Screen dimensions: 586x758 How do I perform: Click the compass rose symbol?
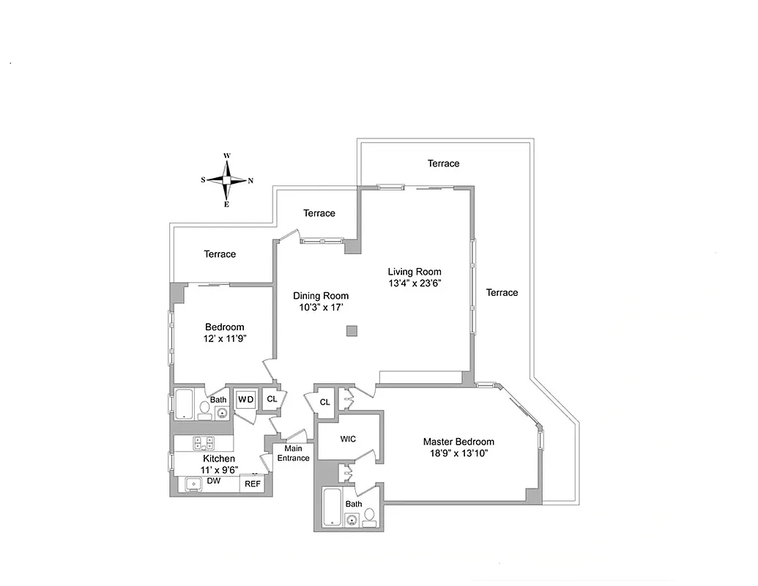[227, 180]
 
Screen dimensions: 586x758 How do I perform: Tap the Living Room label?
[415, 272]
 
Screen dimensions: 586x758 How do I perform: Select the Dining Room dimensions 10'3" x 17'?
[321, 308]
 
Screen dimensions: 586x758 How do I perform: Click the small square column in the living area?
[352, 331]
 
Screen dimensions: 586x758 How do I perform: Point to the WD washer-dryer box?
[245, 400]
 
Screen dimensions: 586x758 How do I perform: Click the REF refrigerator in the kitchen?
[252, 484]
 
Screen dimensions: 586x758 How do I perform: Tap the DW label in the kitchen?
[215, 481]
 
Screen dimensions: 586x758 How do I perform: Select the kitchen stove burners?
[203, 442]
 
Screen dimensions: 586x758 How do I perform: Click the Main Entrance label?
[293, 453]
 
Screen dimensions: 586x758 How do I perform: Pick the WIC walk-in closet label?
[348, 439]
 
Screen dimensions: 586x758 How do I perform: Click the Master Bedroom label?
[458, 442]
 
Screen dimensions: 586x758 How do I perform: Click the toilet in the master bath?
[370, 517]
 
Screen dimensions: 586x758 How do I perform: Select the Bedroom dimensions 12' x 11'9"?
[225, 339]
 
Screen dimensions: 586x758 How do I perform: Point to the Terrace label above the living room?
[444, 163]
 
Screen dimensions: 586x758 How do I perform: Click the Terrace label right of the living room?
[502, 292]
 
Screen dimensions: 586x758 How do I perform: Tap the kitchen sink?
[194, 484]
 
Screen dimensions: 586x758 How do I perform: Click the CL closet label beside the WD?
[272, 399]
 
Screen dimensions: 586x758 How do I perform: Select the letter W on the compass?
[227, 156]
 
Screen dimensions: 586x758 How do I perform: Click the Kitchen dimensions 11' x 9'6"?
[219, 470]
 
